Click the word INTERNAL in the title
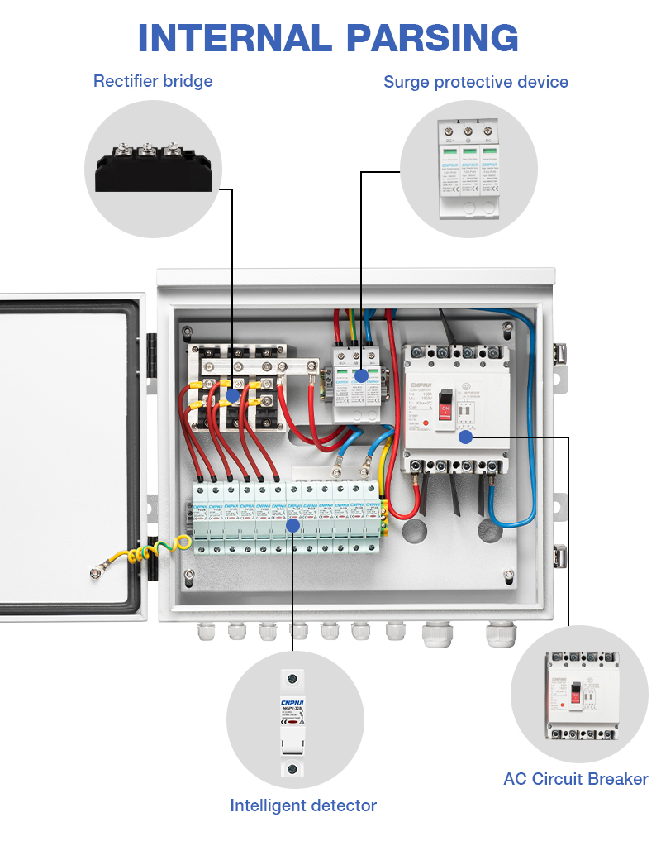234,39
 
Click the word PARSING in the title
432,39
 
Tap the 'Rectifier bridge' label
153,81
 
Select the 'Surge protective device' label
475,82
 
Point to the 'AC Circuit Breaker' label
575,778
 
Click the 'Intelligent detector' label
303,805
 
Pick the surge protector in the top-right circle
469,170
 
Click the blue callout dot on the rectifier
233,395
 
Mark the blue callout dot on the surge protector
361,375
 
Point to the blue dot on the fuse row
292,524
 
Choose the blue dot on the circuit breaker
465,437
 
